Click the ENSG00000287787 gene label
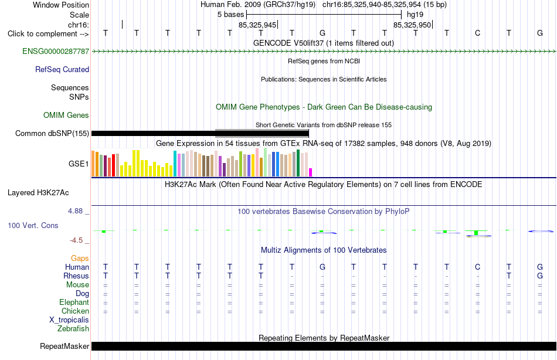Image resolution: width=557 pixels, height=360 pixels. tap(56, 51)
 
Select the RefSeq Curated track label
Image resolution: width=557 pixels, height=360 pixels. tap(62, 69)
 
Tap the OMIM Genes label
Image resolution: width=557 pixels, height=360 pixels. tap(66, 115)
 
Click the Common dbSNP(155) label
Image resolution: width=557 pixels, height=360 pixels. tap(52, 133)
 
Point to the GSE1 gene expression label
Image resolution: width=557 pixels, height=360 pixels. tap(79, 164)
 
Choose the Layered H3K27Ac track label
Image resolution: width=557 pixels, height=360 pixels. tap(38, 193)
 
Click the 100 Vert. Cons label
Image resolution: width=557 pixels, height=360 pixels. tap(33, 225)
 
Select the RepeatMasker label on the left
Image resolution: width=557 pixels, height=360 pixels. tap(64, 346)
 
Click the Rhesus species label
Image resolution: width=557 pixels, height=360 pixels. tap(76, 276)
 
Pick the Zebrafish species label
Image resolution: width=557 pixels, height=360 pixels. tap(73, 328)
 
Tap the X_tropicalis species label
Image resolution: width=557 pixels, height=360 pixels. tap(69, 320)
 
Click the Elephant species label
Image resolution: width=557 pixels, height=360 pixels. tap(74, 302)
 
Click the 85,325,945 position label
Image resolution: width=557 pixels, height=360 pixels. tap(257, 25)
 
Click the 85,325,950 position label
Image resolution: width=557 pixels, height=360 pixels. tap(412, 25)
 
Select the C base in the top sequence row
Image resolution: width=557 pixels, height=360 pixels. tap(477, 33)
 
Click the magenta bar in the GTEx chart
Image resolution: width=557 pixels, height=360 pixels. tap(311, 172)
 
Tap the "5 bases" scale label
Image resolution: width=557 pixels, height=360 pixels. tap(231, 15)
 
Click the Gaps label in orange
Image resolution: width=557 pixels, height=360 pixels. tap(80, 259)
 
